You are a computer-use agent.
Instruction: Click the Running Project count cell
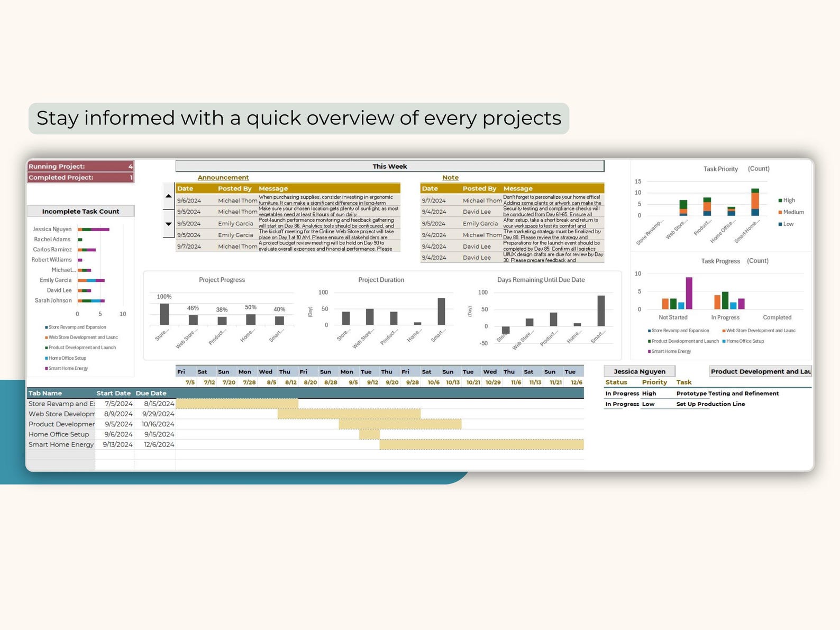(x=130, y=166)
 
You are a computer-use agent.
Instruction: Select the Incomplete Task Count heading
(x=80, y=211)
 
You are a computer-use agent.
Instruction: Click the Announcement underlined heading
(x=223, y=178)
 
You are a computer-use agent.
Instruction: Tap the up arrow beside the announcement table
(x=168, y=196)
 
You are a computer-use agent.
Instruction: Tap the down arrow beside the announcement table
(x=168, y=224)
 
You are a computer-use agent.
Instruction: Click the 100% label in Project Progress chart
(x=164, y=297)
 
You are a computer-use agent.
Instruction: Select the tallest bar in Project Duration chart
(x=441, y=312)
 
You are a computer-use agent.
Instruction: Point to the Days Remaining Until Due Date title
(x=541, y=280)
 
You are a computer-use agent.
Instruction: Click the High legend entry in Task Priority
(x=788, y=200)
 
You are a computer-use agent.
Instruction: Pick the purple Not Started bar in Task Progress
(x=689, y=293)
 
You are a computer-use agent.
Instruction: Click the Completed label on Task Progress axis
(x=777, y=317)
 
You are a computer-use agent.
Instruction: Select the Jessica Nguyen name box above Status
(x=640, y=371)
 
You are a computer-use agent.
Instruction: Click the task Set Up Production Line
(x=710, y=404)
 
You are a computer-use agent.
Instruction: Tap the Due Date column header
(x=151, y=393)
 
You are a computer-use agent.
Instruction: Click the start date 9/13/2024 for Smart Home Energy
(x=117, y=444)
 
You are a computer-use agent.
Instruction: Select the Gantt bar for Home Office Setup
(x=369, y=434)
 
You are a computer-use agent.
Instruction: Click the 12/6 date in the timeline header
(x=576, y=382)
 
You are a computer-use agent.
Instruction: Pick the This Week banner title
(x=389, y=166)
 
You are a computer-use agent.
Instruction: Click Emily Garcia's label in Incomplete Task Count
(x=56, y=280)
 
